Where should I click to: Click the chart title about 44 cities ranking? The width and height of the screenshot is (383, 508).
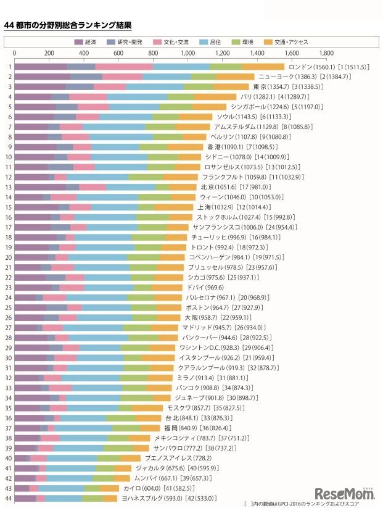click(68, 25)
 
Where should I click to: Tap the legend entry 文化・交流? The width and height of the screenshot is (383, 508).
click(171, 42)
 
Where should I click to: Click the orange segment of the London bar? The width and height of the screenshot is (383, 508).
click(263, 67)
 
